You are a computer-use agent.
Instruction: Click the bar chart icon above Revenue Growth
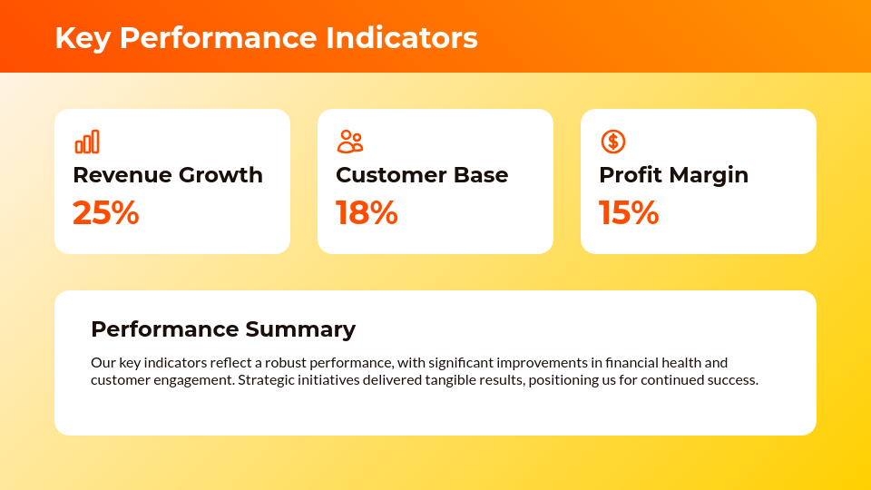click(x=87, y=142)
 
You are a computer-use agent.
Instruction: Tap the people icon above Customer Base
click(x=350, y=142)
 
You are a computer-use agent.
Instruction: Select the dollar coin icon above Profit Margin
click(x=613, y=142)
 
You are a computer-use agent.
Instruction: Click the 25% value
click(x=105, y=212)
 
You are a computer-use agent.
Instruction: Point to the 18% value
click(x=367, y=212)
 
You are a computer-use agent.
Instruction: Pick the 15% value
click(x=629, y=212)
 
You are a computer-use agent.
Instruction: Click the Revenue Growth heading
click(x=168, y=174)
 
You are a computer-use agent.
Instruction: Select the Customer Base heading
click(x=422, y=174)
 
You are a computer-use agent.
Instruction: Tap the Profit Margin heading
click(x=673, y=174)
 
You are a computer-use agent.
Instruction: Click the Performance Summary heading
click(x=223, y=328)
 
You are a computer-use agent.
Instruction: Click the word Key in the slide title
click(x=83, y=38)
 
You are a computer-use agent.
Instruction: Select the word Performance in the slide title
click(x=219, y=38)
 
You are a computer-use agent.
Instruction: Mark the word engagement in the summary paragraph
click(x=190, y=379)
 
